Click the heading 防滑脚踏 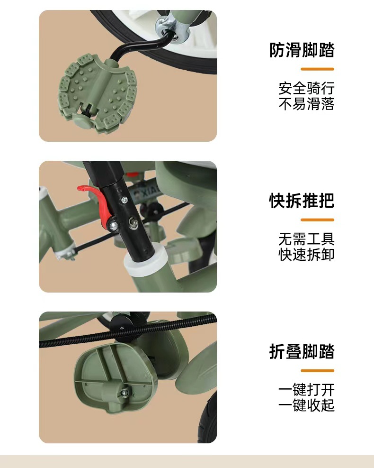tap(302, 50)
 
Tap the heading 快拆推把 tap(302, 201)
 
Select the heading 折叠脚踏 tap(302, 351)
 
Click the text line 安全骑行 tap(306, 88)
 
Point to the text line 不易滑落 tap(306, 104)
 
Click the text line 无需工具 tap(306, 239)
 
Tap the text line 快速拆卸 tap(306, 255)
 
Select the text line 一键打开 tap(306, 390)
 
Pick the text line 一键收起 tap(306, 405)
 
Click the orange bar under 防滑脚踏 tap(317, 69)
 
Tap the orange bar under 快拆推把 tap(317, 220)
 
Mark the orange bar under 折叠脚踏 tap(317, 370)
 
